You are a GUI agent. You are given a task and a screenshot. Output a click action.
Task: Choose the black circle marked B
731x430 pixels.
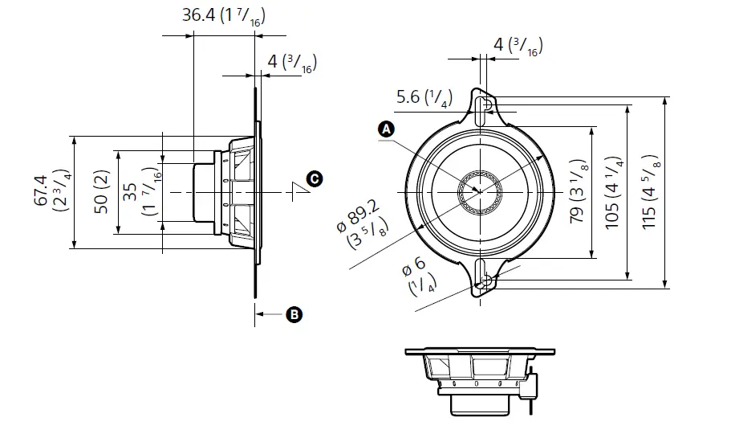(x=294, y=314)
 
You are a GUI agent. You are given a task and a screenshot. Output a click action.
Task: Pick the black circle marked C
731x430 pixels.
(x=315, y=178)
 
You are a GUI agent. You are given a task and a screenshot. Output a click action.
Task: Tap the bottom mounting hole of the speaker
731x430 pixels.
(x=484, y=279)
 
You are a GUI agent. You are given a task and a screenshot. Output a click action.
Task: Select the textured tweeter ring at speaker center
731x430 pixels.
(x=480, y=193)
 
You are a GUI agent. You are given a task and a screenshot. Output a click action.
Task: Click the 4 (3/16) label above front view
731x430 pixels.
(x=518, y=46)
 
